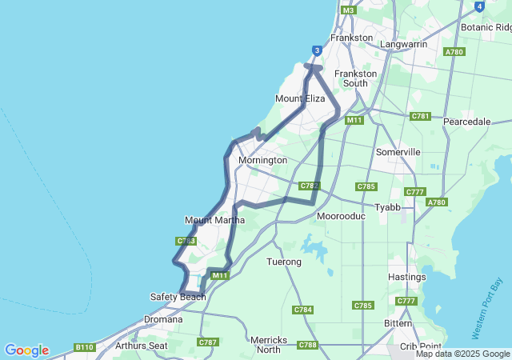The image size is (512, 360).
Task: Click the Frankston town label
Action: tap(352, 38)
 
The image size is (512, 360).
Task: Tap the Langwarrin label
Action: tap(403, 44)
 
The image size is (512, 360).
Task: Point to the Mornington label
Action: tap(262, 160)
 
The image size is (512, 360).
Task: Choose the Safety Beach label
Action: tap(178, 297)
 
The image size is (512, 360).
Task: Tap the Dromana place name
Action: tap(163, 318)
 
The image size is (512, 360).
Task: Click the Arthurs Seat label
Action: tap(142, 346)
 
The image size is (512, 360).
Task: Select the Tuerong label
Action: tap(284, 262)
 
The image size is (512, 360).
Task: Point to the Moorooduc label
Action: tap(341, 216)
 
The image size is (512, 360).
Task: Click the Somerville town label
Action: tap(398, 152)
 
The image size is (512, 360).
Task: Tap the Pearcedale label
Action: tap(466, 122)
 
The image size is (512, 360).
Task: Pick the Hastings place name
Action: tap(406, 277)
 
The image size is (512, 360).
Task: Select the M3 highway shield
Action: tap(348, 10)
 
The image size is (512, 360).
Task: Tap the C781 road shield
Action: tap(421, 116)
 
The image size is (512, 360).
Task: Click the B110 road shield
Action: tap(84, 347)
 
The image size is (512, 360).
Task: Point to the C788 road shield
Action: tap(307, 345)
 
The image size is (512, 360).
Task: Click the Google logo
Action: tap(26, 350)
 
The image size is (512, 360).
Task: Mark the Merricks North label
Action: tap(269, 345)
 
